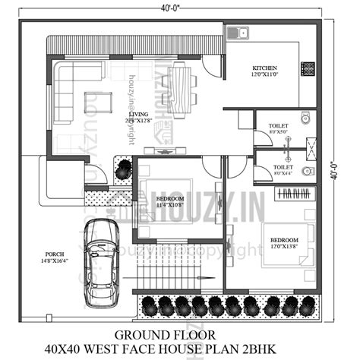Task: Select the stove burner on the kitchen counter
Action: coord(309,68)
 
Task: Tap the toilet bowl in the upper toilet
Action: coord(306,118)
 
